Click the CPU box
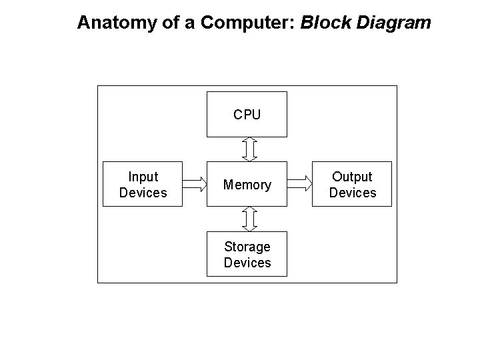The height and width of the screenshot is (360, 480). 247,114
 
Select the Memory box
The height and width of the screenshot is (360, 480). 247,184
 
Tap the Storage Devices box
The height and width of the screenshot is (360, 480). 247,254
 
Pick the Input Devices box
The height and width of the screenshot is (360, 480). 143,184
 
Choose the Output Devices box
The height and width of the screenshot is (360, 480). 352,184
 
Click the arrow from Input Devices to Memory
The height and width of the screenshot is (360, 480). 194,183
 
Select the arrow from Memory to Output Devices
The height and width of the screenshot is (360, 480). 299,183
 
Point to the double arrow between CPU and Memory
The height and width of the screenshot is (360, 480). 249,149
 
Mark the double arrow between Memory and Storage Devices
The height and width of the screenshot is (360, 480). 249,218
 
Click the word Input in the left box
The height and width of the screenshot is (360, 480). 143,177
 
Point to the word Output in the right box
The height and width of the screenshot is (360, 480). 352,177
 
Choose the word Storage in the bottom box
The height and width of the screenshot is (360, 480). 247,247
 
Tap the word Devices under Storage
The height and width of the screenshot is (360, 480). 247,263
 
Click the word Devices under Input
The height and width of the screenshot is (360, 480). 143,193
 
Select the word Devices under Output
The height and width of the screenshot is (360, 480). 352,193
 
